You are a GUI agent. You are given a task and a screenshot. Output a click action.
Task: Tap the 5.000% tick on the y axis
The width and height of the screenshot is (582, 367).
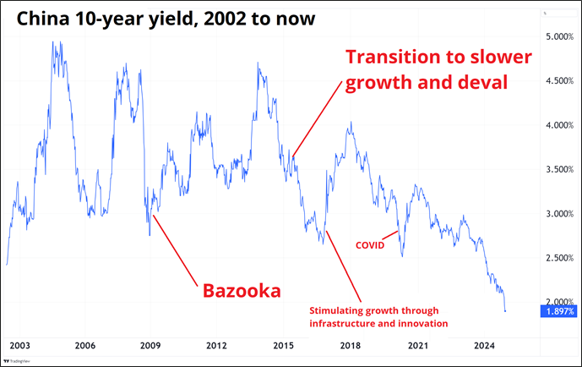[x=558, y=37]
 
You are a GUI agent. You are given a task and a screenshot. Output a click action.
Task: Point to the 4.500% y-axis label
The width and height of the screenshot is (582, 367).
[x=558, y=81]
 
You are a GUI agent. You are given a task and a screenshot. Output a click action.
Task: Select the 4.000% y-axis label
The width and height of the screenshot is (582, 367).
[x=558, y=125]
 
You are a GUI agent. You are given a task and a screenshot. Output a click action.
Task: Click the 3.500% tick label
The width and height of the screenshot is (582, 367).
[x=558, y=170]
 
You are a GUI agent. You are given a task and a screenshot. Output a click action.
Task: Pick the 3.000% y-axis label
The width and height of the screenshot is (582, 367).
[x=558, y=214]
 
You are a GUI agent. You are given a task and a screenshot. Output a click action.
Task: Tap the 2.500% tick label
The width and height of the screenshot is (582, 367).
[x=558, y=258]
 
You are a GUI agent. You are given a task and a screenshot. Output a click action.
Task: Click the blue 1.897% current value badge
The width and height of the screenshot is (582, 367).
[x=558, y=312]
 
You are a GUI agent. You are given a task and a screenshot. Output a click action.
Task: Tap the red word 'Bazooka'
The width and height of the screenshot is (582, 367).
[x=241, y=292]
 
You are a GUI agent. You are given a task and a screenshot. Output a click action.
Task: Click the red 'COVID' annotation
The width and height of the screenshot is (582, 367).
[x=369, y=245]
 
